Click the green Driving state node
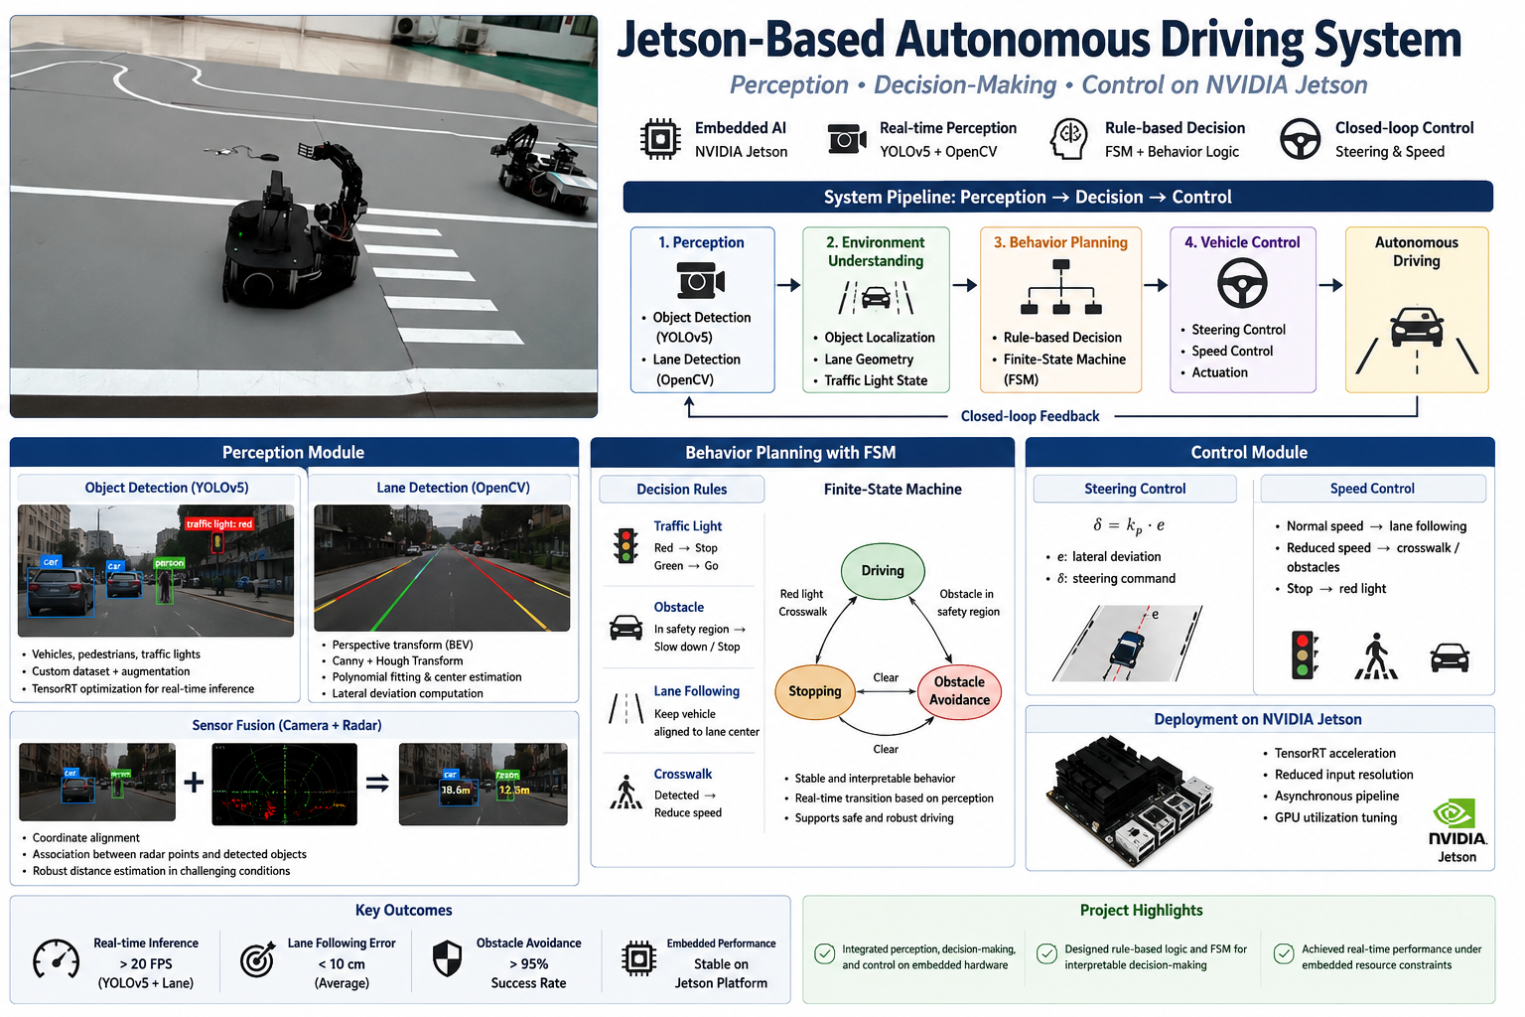coord(883,571)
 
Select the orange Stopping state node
coord(814,691)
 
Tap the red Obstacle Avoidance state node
coord(959,690)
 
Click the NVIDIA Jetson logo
coord(1456,831)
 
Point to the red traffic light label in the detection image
coord(219,523)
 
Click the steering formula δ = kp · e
coord(1128,525)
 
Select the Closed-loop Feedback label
coord(1030,416)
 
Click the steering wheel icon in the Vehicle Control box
coord(1242,283)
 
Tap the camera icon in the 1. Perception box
coord(701,281)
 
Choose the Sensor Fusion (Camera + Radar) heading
coord(287,725)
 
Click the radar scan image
coord(285,784)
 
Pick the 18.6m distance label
coord(456,790)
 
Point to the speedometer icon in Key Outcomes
coord(56,959)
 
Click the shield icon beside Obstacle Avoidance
coord(448,958)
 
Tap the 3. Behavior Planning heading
coord(1060,242)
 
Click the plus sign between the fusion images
coord(194,782)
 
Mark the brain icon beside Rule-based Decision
coord(1069,139)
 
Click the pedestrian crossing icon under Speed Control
coord(1376,655)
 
